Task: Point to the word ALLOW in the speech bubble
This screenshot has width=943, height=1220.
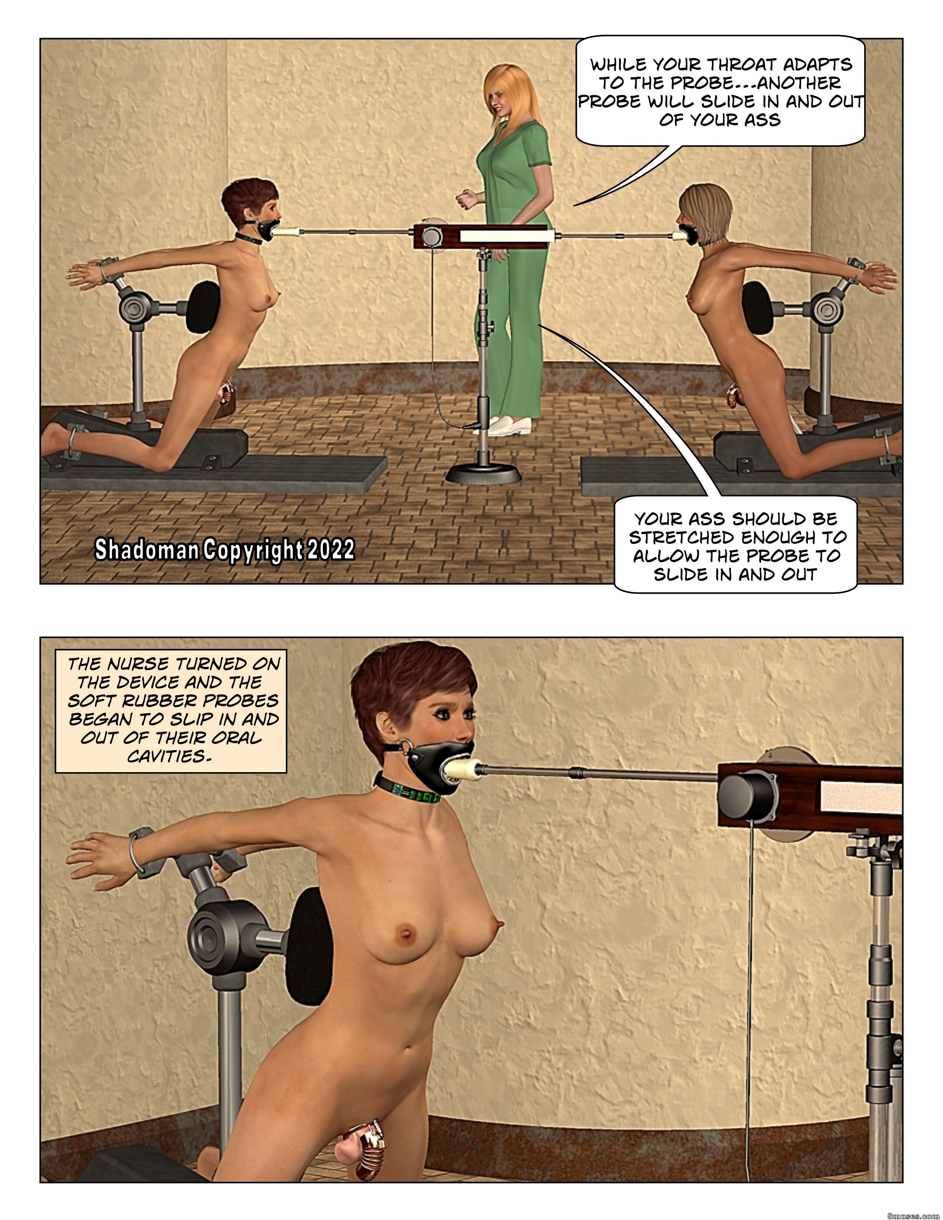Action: (664, 556)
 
